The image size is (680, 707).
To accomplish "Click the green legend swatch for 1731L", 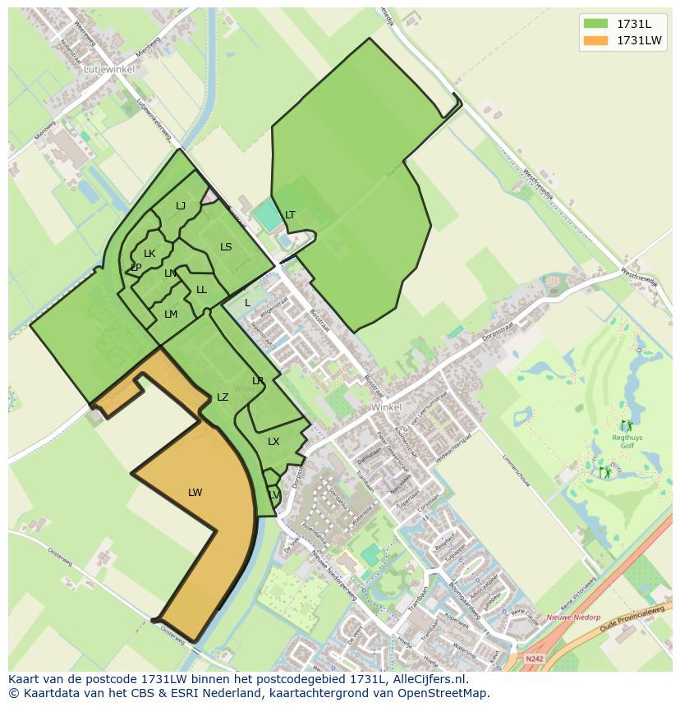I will (x=595, y=23).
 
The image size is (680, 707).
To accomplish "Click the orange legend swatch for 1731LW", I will (x=595, y=40).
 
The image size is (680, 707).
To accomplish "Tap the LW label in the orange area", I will (x=195, y=493).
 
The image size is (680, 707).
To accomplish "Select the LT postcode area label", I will (x=290, y=215).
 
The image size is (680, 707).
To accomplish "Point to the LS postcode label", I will (x=226, y=247).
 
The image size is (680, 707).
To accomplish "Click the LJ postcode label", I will (x=181, y=206).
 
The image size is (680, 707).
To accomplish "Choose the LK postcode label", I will (x=149, y=254).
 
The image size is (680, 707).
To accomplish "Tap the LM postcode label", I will (x=171, y=314).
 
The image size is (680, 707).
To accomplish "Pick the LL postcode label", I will (x=201, y=290).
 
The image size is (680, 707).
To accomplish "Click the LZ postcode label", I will (x=223, y=397).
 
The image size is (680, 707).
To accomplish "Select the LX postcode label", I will (x=273, y=442).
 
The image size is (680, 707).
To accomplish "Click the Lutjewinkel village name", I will (x=109, y=71).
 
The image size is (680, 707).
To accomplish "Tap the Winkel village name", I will (x=386, y=407).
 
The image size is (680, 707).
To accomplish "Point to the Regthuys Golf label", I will (x=627, y=443).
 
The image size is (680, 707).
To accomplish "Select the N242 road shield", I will (x=534, y=658).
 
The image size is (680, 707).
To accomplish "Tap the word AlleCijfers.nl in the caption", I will (x=428, y=679).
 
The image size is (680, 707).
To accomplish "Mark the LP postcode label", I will (x=136, y=268).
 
